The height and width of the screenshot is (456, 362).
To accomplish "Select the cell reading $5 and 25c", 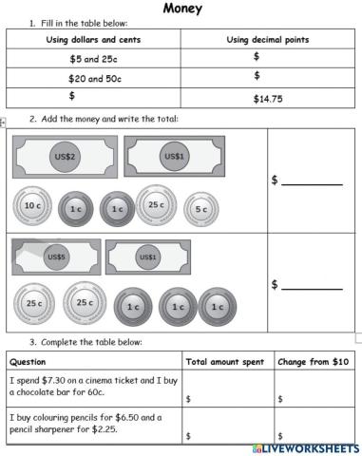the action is click(93, 58).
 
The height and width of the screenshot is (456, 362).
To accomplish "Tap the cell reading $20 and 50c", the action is click(93, 77).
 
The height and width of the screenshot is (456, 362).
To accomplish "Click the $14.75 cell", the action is click(269, 97).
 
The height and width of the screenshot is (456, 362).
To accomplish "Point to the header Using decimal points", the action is click(269, 39).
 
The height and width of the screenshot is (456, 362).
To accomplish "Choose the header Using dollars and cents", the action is click(93, 39).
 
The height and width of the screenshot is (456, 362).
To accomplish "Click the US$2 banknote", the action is click(66, 156).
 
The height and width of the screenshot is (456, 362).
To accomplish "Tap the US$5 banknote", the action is click(56, 256).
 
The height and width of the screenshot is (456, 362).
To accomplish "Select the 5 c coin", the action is click(200, 209).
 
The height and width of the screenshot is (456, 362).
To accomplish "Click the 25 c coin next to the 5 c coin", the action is click(156, 205).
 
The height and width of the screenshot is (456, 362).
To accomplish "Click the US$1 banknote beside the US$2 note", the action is click(175, 156).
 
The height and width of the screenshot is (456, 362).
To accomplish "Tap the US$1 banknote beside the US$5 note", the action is click(147, 256).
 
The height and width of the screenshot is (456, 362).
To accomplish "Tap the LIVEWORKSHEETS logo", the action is click(305, 446).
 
